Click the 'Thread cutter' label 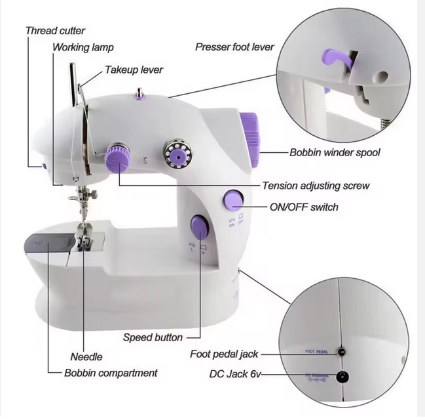tap(55, 31)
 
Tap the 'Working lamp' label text tap(83, 47)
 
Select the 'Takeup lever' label tap(134, 70)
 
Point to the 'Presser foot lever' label tap(234, 47)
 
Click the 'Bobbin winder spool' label tap(335, 152)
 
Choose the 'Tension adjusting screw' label tap(316, 186)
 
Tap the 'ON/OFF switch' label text tap(304, 207)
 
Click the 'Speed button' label tap(153, 337)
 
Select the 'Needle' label tap(86, 357)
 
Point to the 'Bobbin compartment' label tap(111, 373)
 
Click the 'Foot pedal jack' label tap(224, 354)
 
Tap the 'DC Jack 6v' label tap(234, 374)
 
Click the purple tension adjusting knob tap(118, 157)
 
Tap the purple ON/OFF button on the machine tap(233, 200)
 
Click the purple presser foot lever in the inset tap(337, 58)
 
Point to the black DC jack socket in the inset tap(342, 377)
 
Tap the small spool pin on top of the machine tap(139, 93)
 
